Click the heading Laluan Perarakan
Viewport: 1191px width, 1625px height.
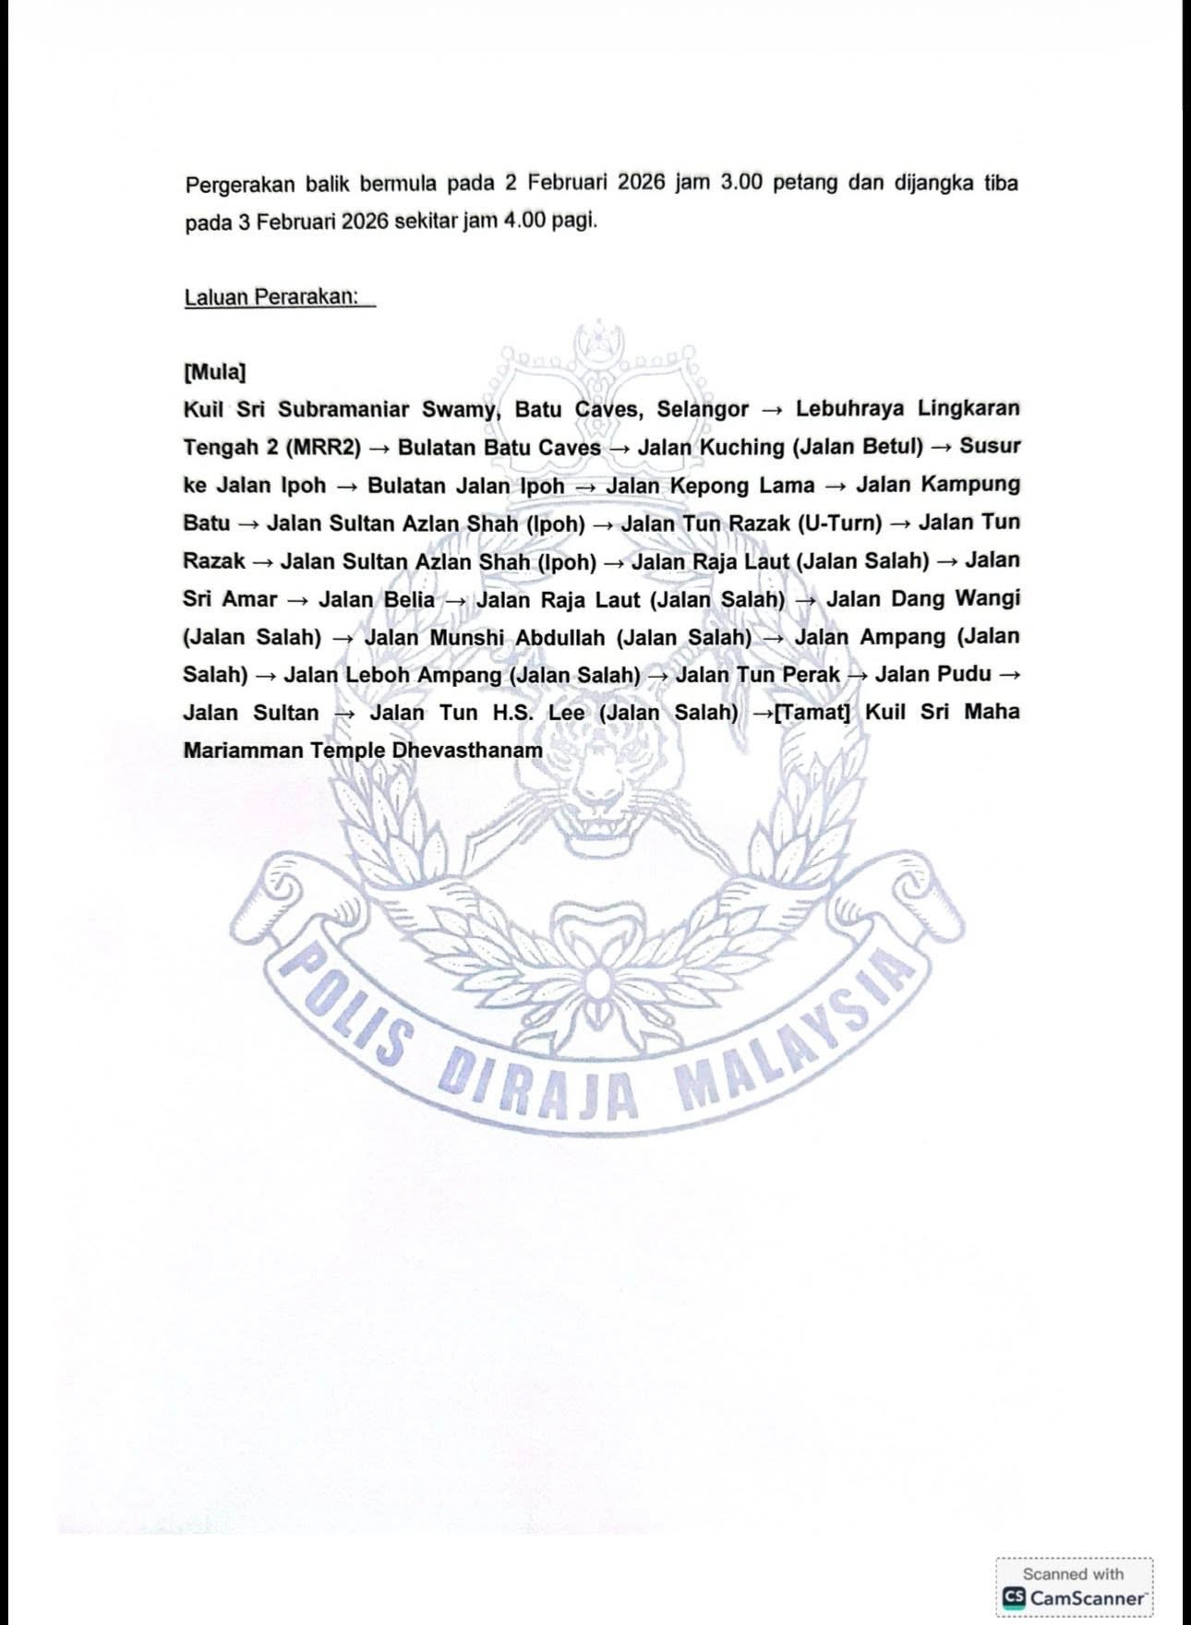pyautogui.click(x=271, y=298)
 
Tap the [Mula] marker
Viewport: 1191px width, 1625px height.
pyautogui.click(x=214, y=372)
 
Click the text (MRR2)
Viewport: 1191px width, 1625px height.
pyautogui.click(x=323, y=448)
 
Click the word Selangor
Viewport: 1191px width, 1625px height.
pyautogui.click(x=703, y=409)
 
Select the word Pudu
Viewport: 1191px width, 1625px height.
pyautogui.click(x=964, y=675)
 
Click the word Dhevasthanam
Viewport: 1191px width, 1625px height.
pyautogui.click(x=467, y=751)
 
